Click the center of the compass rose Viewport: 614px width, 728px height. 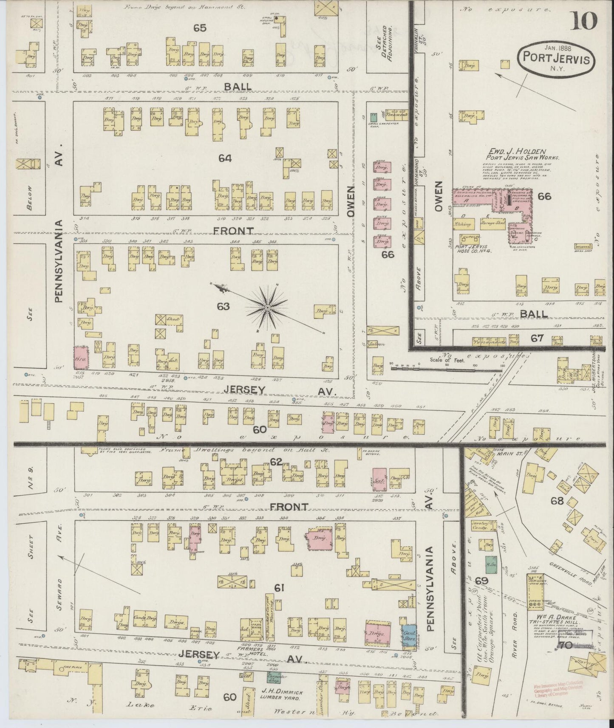click(x=268, y=307)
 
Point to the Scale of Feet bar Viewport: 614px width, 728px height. click(x=442, y=368)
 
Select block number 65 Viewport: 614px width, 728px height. click(x=200, y=28)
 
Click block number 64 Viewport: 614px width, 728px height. click(x=225, y=158)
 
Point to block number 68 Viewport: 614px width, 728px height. click(x=557, y=501)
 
